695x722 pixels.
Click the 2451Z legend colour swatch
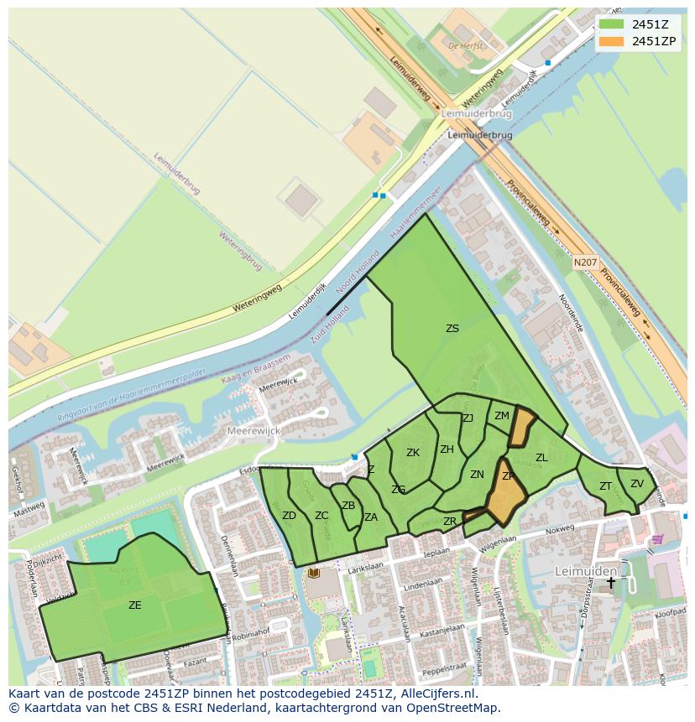coord(611,24)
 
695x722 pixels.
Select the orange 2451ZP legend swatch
coord(611,41)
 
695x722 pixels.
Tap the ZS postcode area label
coord(452,329)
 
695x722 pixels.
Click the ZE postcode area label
coord(135,605)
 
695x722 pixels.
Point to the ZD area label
coord(289,516)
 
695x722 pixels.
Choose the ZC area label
coord(321,516)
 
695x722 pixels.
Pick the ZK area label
coord(413,453)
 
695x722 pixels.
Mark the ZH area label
coord(447,449)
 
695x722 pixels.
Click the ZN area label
coord(477,475)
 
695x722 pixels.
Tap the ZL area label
coord(541,458)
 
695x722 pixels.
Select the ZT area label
coord(605,486)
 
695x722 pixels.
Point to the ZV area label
coord(637,484)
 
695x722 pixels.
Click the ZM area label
coord(502,416)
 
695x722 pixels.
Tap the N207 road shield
coord(586,263)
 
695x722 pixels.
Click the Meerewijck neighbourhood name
coord(254,430)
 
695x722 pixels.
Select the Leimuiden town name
coord(586,570)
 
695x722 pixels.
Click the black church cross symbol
coord(611,582)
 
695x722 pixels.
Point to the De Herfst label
coord(466,46)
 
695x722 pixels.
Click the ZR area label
coord(450,522)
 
